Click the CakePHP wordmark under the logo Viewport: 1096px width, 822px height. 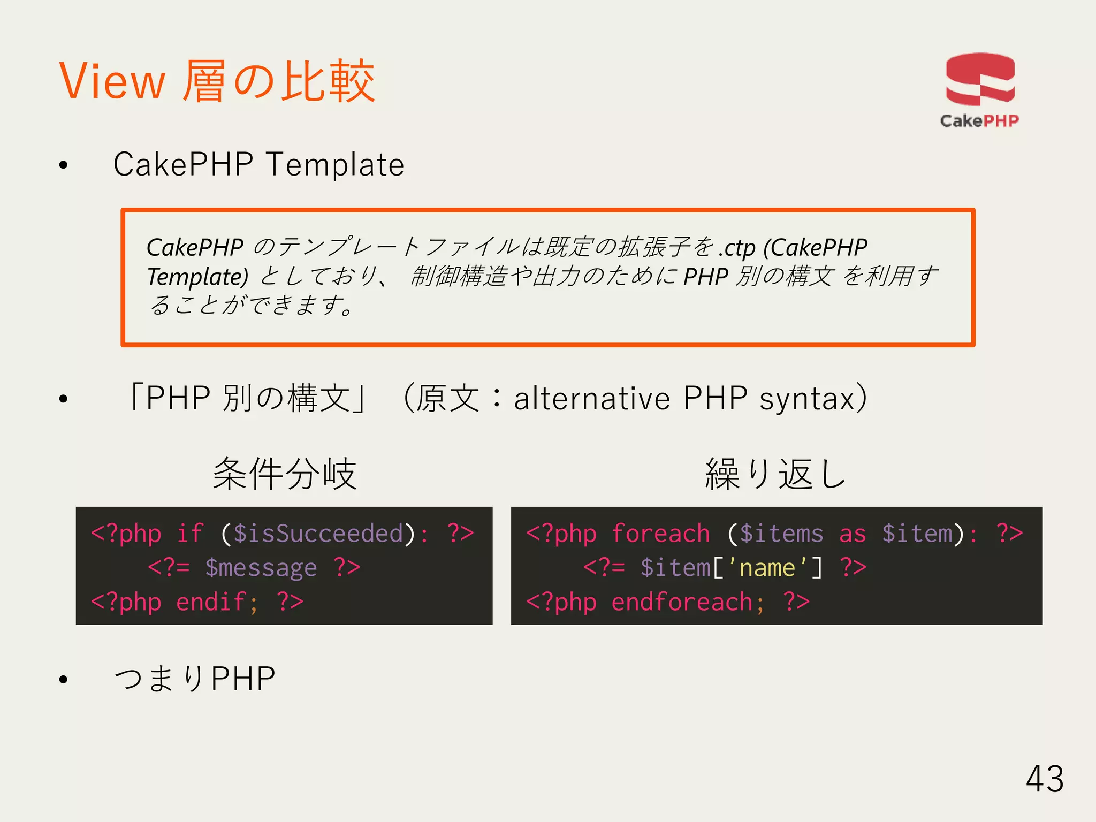(979, 121)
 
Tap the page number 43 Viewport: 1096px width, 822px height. (1045, 779)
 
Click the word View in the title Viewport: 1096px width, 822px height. (112, 81)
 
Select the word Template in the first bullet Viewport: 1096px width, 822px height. (335, 164)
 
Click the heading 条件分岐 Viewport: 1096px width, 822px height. (284, 474)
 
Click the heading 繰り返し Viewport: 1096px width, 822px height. (775, 474)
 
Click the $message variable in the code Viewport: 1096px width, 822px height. (261, 568)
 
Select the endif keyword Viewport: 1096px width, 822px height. (211, 602)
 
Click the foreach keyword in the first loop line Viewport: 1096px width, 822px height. (660, 534)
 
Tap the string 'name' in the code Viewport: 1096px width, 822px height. (767, 568)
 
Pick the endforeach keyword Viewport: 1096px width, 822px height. (682, 602)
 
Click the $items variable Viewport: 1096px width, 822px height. (781, 534)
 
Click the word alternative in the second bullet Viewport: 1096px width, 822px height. (592, 399)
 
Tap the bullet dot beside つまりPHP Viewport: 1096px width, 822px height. (64, 680)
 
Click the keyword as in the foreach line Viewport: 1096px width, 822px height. (853, 534)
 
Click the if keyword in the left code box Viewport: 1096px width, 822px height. (190, 534)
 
